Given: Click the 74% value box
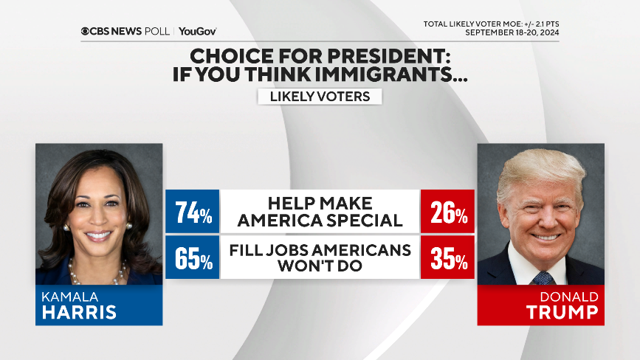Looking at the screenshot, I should (193, 211).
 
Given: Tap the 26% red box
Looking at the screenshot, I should (447, 211).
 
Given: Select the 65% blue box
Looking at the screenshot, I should (193, 257).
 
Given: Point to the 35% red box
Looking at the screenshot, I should (447, 257).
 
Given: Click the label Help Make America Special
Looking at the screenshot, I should (320, 211).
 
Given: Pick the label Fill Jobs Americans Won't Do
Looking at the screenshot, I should (320, 257).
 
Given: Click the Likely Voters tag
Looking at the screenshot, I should (320, 97).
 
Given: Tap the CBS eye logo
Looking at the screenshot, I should (86, 32).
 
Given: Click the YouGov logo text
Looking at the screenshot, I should (197, 32).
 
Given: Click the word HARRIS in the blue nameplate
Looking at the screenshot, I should (79, 311).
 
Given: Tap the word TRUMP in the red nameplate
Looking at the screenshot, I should (562, 311).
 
